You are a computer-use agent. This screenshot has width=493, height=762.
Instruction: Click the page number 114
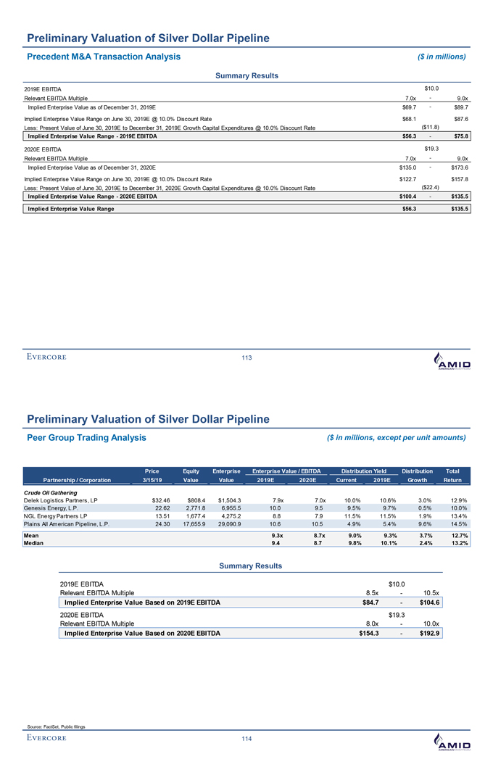(246, 739)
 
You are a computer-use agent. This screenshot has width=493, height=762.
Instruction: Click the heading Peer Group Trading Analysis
(86, 437)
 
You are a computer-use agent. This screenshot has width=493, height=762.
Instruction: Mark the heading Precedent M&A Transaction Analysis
(104, 56)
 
